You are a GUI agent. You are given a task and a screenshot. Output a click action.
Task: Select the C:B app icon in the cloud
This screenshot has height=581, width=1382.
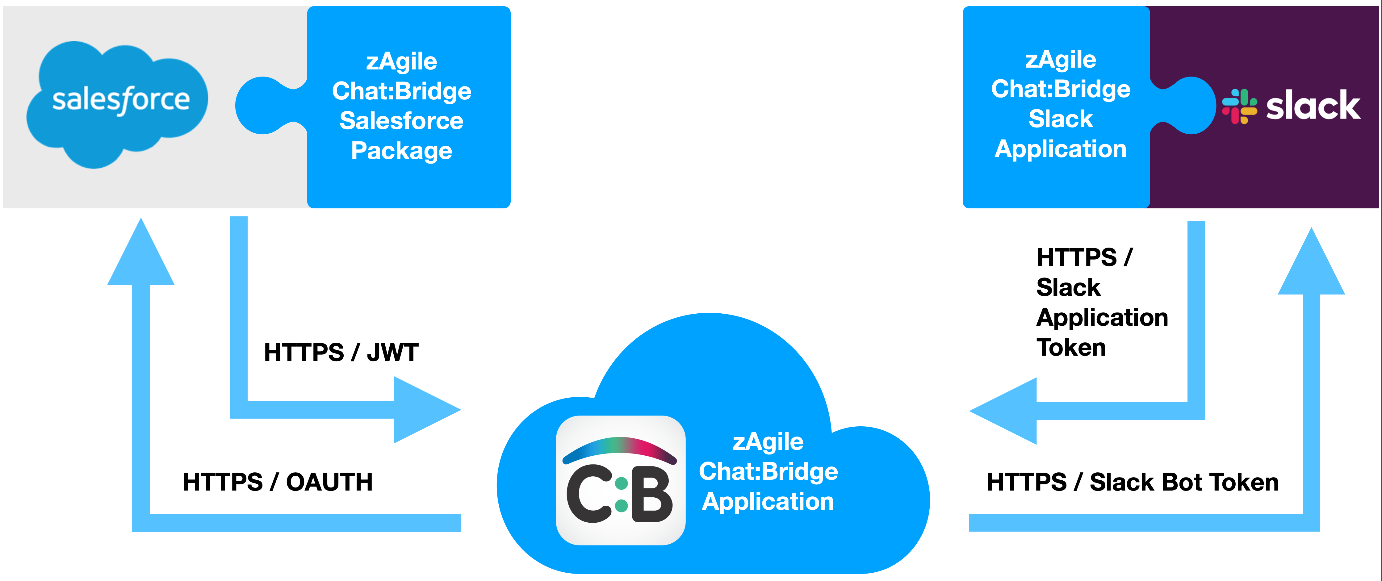pyautogui.click(x=621, y=480)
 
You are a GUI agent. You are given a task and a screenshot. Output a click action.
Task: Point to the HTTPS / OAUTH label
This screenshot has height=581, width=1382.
pyautogui.click(x=277, y=482)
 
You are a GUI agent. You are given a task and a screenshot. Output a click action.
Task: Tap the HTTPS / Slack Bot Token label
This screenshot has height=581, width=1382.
pyautogui.click(x=1133, y=482)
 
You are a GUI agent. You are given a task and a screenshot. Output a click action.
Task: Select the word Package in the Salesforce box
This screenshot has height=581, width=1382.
pyautogui.click(x=401, y=151)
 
